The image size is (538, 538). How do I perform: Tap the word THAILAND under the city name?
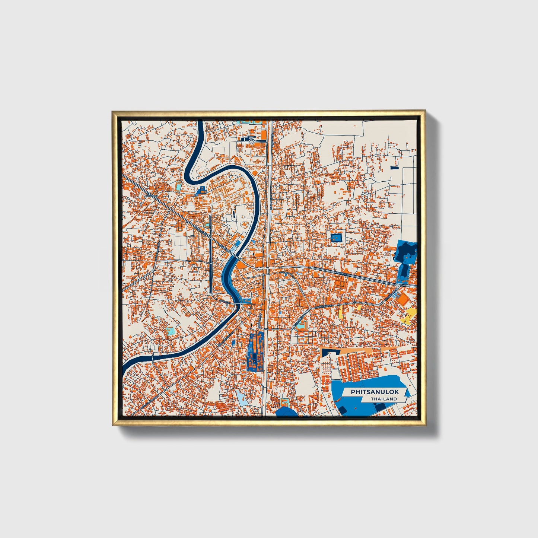click(383, 399)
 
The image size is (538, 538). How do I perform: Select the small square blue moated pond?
click(336, 237)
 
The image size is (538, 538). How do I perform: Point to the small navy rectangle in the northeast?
click(394, 168)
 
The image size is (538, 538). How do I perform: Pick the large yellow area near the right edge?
click(410, 315)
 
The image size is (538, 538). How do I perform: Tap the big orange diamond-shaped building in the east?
click(403, 298)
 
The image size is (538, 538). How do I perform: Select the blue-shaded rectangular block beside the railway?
click(255, 352)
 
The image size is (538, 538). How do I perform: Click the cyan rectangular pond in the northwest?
click(179, 185)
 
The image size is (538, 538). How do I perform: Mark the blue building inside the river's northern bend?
click(202, 190)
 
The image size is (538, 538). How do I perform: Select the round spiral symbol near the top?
click(252, 141)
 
